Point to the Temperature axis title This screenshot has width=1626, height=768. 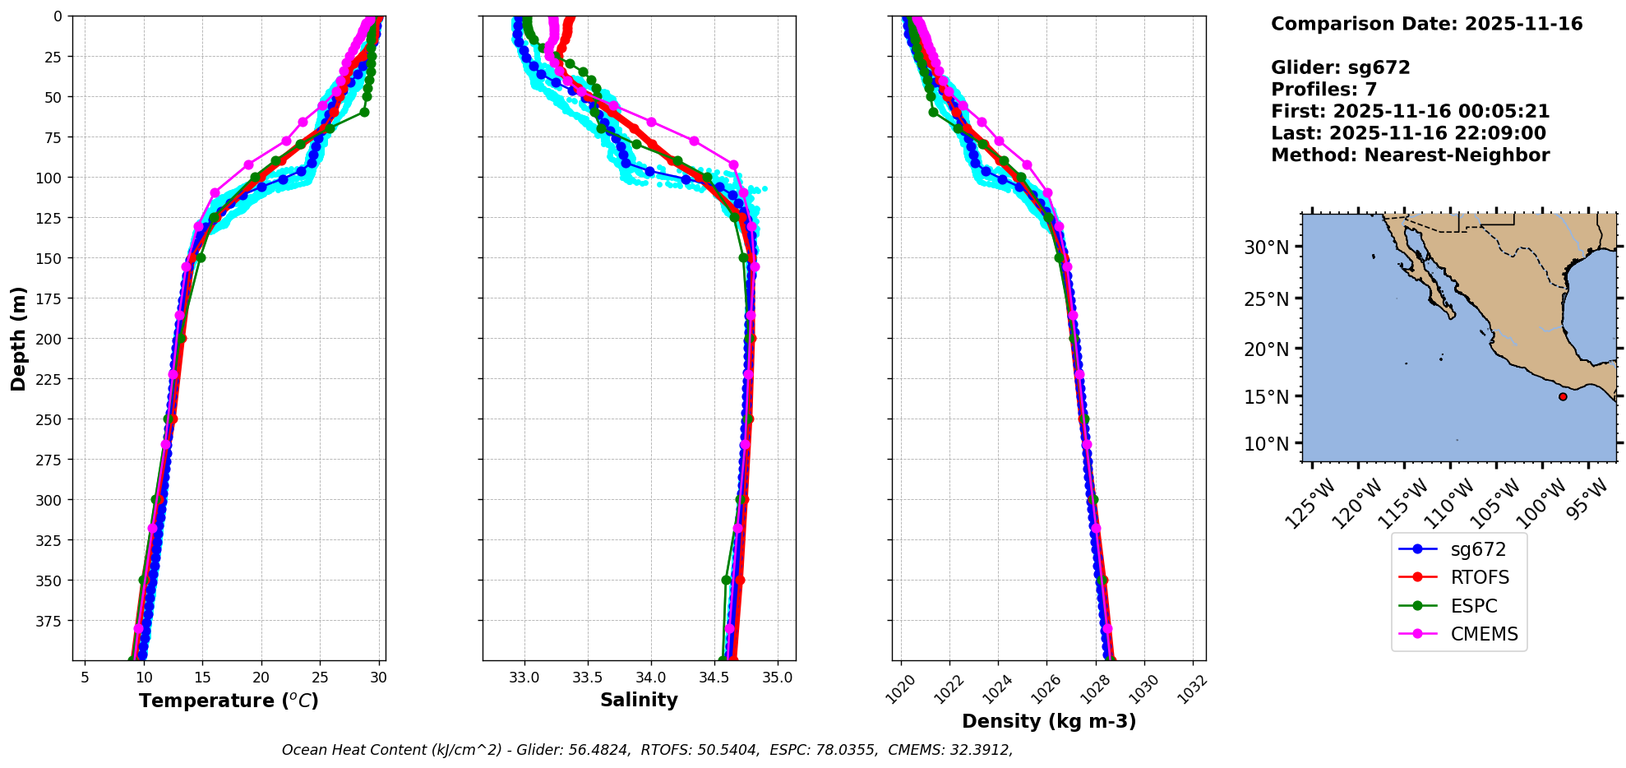(x=229, y=701)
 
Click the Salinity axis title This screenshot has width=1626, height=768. (x=639, y=700)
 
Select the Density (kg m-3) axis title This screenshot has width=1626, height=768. (x=1049, y=721)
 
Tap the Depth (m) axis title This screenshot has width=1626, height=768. (x=18, y=338)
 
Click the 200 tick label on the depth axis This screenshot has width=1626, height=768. (x=50, y=339)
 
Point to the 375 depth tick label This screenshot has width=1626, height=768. (x=50, y=621)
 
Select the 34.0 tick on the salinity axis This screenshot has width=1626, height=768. (x=650, y=678)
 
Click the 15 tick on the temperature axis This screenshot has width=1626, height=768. (x=202, y=678)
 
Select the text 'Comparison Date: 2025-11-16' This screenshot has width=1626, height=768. (x=1426, y=24)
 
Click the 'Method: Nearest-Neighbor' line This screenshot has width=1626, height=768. (x=1410, y=155)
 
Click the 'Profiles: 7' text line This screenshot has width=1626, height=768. (x=1323, y=90)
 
